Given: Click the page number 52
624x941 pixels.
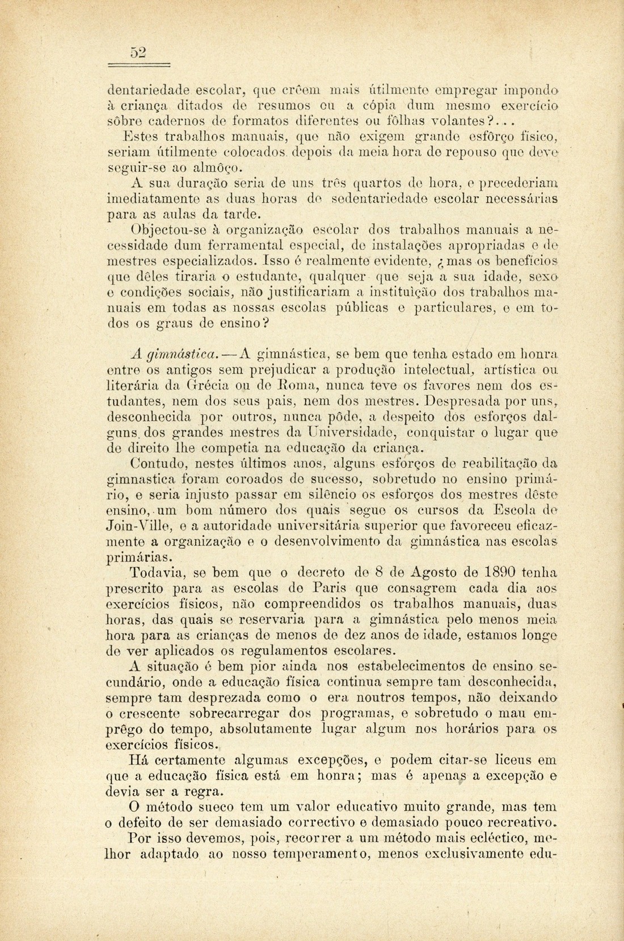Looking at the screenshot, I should point(138,52).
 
